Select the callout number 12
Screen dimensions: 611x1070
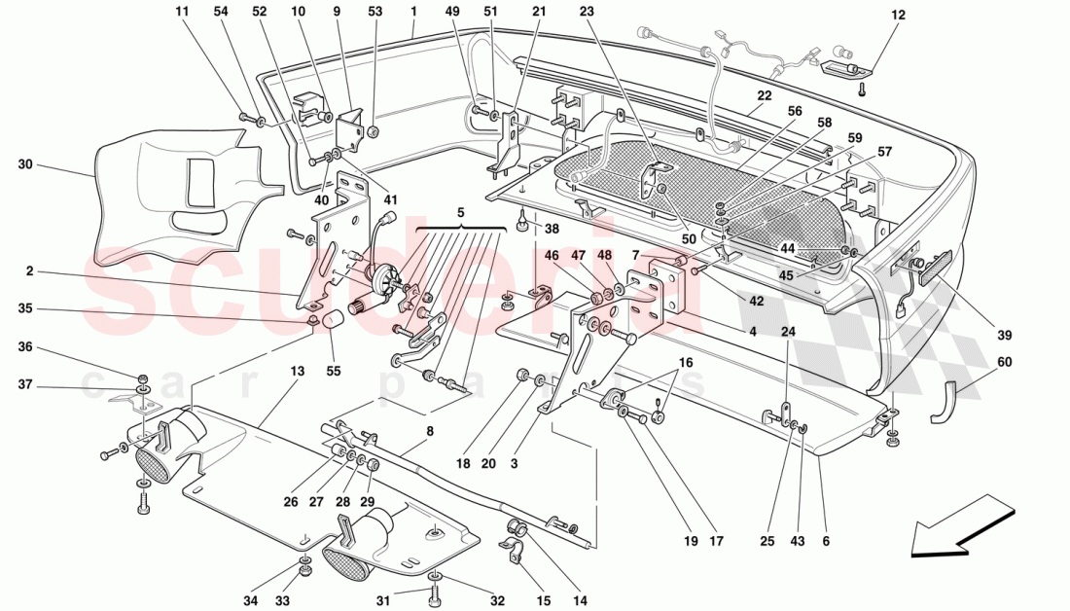click(x=897, y=15)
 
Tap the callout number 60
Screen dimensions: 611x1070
click(x=1005, y=361)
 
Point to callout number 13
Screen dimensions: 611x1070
click(x=297, y=371)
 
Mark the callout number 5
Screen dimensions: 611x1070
click(x=461, y=211)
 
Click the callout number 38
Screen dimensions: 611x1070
click(x=552, y=231)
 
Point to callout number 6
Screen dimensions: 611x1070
click(x=825, y=541)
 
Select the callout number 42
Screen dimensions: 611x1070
click(x=756, y=301)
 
